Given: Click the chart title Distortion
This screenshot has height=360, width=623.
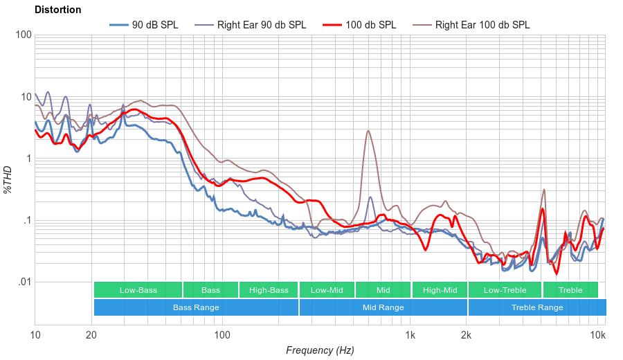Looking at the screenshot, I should click(x=57, y=10).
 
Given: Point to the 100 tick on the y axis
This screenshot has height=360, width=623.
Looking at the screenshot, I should click(x=23, y=35).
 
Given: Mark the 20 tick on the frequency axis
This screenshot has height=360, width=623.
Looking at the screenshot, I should click(x=91, y=336).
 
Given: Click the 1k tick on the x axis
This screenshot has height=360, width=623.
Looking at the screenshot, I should click(x=410, y=336).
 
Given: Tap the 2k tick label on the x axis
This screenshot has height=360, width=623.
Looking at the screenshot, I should click(x=467, y=336).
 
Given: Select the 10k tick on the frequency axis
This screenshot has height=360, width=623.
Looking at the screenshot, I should click(x=598, y=336).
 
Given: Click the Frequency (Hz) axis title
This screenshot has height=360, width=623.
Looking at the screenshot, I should click(x=320, y=350).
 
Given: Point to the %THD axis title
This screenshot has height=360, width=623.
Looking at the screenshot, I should click(x=8, y=179).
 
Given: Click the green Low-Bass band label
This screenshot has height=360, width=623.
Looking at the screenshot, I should click(x=138, y=290).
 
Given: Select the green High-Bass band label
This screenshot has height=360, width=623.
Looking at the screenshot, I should click(x=269, y=290).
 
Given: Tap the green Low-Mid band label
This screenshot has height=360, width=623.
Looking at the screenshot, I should click(x=327, y=290).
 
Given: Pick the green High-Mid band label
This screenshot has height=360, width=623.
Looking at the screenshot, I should click(x=440, y=290).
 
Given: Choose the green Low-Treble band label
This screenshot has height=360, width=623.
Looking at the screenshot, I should click(x=505, y=290).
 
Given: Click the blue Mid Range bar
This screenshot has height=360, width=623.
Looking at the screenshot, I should click(x=383, y=307).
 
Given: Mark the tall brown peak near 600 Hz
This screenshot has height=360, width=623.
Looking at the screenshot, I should click(x=368, y=131).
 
